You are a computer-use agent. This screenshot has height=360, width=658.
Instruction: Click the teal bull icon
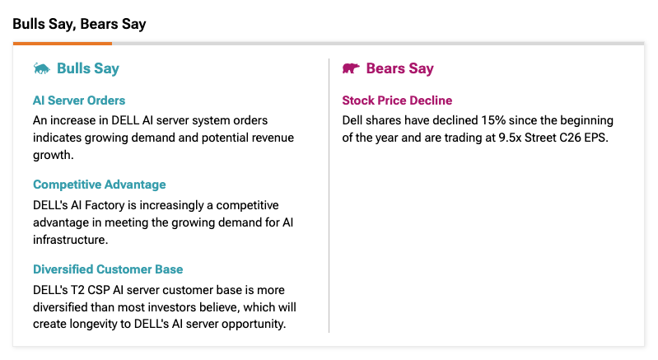(x=41, y=68)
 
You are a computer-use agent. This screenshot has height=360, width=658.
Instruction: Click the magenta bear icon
(x=351, y=68)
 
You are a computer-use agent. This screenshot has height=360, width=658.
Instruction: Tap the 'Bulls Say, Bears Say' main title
(x=79, y=25)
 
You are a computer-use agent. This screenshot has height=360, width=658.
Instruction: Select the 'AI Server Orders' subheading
(x=79, y=101)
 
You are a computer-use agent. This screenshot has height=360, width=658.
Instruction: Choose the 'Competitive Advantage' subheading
(x=100, y=185)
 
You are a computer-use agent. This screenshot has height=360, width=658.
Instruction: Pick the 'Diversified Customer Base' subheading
(x=108, y=269)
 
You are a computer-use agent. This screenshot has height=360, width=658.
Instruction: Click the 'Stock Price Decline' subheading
(x=397, y=101)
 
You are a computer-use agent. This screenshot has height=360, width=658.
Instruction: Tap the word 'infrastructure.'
(x=71, y=240)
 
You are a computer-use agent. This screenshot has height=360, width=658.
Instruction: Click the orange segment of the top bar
(x=63, y=43)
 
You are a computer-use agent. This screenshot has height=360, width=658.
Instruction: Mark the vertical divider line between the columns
(x=329, y=195)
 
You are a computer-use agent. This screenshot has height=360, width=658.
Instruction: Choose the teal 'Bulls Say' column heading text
(x=88, y=68)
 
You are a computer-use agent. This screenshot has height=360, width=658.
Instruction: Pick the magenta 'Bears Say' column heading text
(x=400, y=68)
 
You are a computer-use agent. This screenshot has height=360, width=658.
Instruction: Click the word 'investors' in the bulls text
(x=173, y=307)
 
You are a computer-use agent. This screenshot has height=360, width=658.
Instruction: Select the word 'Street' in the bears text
(x=540, y=138)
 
